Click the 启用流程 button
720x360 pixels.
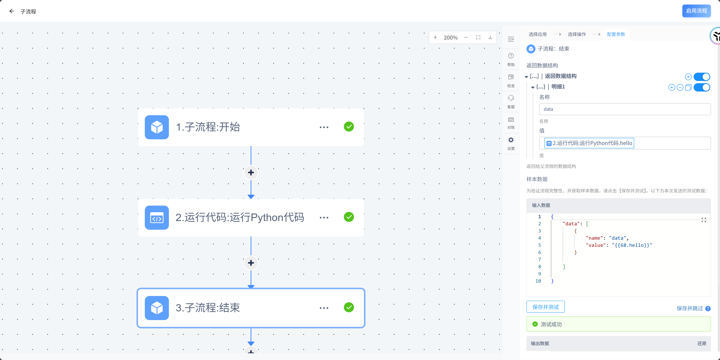[696, 11]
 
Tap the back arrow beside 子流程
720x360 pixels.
[11, 11]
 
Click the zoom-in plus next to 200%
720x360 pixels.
[435, 37]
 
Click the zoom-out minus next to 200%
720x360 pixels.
[466, 37]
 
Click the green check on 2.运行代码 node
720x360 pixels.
[349, 217]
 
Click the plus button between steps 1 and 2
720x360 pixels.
[251, 172]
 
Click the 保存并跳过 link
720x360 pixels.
[689, 308]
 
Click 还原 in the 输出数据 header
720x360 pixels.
[702, 343]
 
